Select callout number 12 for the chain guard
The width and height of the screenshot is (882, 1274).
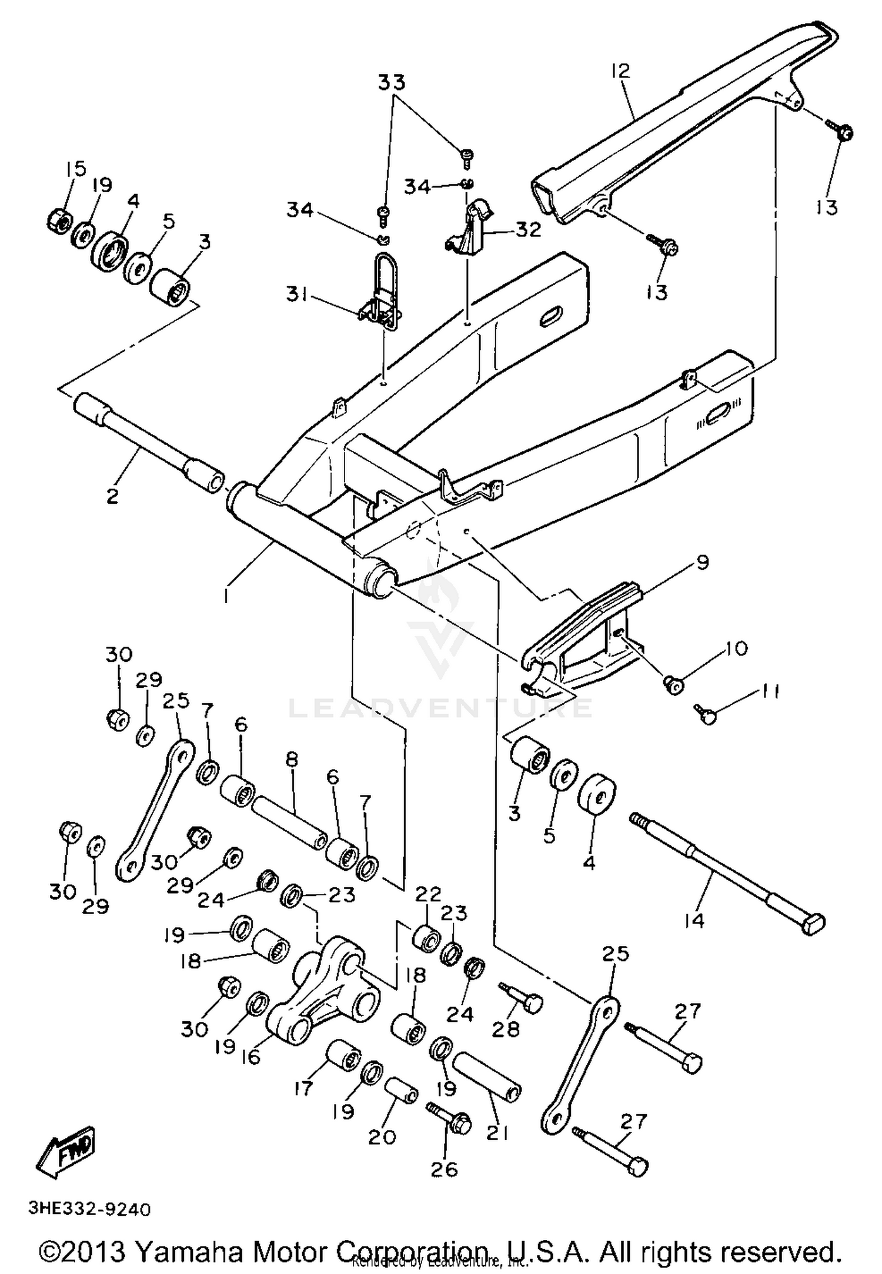(620, 71)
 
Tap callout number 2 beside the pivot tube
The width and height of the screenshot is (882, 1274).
(112, 495)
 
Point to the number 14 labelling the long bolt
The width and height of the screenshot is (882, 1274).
(694, 920)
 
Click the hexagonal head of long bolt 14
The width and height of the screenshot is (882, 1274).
(813, 924)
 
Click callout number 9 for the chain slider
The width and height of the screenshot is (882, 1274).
(702, 562)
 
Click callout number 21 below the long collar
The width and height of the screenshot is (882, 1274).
(497, 1133)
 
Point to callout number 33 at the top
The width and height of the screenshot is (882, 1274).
(392, 82)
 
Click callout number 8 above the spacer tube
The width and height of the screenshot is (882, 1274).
(292, 760)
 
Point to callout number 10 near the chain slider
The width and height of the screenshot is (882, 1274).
(736, 648)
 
